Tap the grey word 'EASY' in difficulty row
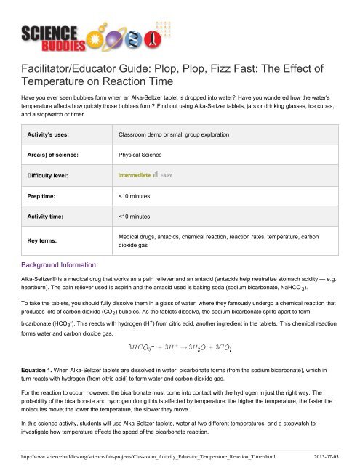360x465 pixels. click(x=166, y=176)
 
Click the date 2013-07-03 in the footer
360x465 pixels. click(x=335, y=457)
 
